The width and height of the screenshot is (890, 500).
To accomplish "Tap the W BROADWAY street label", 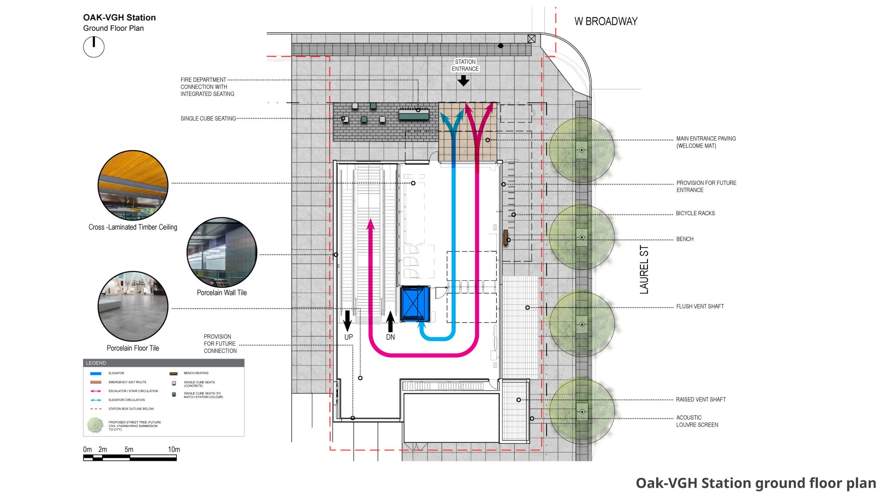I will tap(605, 21).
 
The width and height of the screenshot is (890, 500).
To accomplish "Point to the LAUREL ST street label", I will tap(644, 270).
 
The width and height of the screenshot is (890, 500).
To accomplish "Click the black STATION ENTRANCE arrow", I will tap(464, 81).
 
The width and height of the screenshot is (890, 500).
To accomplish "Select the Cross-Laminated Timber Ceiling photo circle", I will tap(133, 185).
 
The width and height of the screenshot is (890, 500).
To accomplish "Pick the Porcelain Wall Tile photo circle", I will tap(222, 253).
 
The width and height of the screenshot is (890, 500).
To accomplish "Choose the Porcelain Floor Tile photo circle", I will tap(133, 306).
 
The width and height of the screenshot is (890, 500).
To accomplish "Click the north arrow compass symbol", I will tap(94, 47).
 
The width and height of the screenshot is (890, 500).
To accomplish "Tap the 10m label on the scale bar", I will tap(174, 449).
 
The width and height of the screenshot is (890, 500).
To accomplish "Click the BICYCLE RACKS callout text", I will tap(695, 213).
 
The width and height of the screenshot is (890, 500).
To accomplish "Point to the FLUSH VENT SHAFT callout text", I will tap(700, 306).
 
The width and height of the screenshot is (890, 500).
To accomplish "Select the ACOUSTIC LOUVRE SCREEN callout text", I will tap(697, 421).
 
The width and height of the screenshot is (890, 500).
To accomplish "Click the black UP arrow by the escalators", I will tap(347, 321).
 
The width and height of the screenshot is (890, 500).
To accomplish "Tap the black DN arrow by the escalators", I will tap(390, 322).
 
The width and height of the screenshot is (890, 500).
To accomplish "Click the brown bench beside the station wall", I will tap(505, 237).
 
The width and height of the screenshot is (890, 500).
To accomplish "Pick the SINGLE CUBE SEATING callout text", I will tap(208, 118).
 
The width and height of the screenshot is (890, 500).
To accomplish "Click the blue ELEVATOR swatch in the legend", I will tap(96, 373).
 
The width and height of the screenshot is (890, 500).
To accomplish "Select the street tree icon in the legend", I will tap(95, 425).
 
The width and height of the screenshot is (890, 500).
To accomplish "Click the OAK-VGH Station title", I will tap(120, 18).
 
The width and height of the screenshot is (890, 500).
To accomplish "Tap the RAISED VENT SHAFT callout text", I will tap(701, 399).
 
